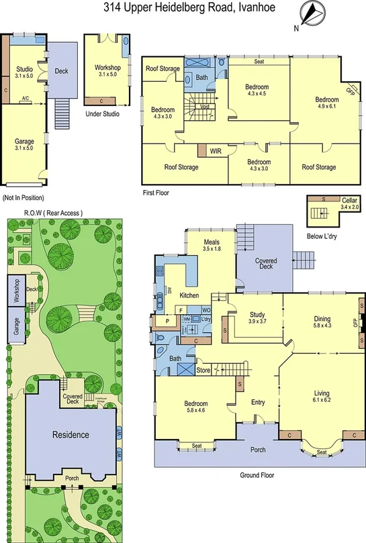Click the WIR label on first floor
[215, 151]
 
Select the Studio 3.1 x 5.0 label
[25, 70]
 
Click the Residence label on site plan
[71, 435]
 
